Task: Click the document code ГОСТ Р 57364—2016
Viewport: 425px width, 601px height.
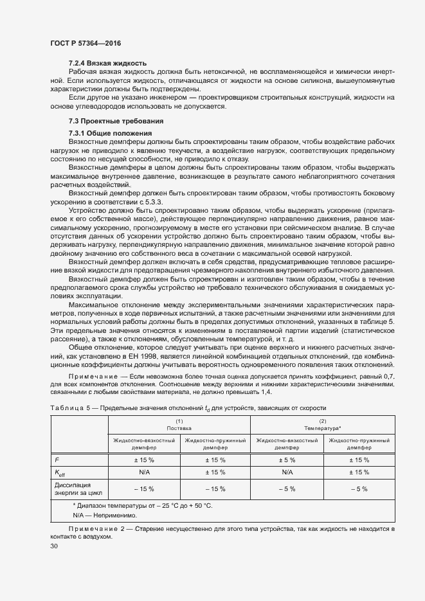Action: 85,43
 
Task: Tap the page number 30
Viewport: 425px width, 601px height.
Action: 54,546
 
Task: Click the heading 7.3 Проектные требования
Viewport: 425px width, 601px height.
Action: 116,121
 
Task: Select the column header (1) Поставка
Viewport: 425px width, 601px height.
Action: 179,424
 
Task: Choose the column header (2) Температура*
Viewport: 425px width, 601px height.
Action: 323,424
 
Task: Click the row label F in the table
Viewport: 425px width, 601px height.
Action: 57,460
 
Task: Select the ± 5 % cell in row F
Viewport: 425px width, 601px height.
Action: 287,460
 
